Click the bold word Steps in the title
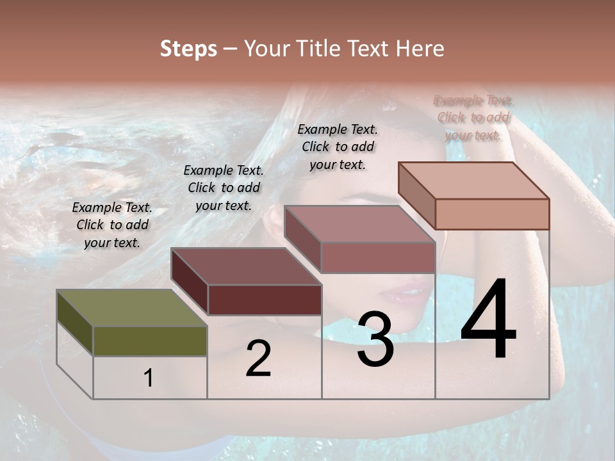(188, 49)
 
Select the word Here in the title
(420, 49)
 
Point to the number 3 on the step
(375, 339)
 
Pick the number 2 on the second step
(259, 358)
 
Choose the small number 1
(149, 378)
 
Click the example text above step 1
(112, 225)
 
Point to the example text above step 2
(224, 188)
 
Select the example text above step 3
(338, 147)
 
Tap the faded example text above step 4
(473, 117)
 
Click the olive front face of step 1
(150, 341)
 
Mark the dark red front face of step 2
(265, 300)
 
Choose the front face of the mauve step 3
(378, 257)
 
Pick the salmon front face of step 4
(492, 214)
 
